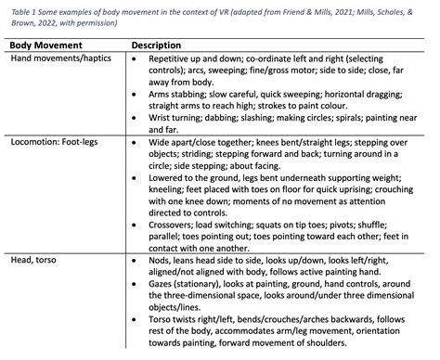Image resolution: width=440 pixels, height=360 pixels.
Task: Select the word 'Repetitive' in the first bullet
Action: click(174, 58)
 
